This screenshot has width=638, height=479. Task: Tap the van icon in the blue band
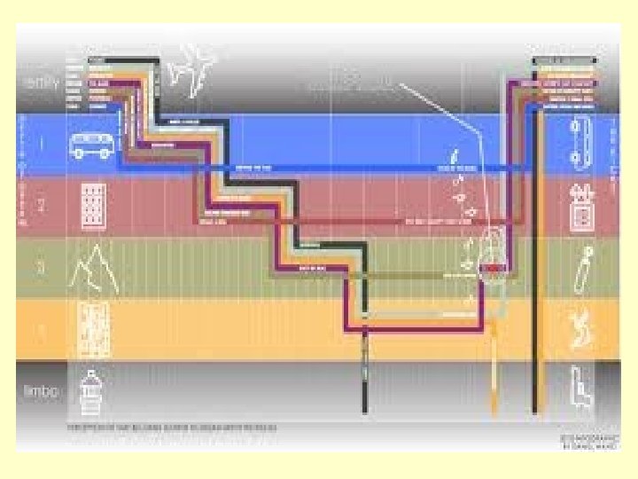pos(91,145)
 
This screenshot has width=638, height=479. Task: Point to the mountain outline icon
pos(94,265)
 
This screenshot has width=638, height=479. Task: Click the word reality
pos(40,82)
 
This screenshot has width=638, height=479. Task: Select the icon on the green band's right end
pos(582,266)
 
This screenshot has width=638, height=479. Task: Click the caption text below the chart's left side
pos(173,427)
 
